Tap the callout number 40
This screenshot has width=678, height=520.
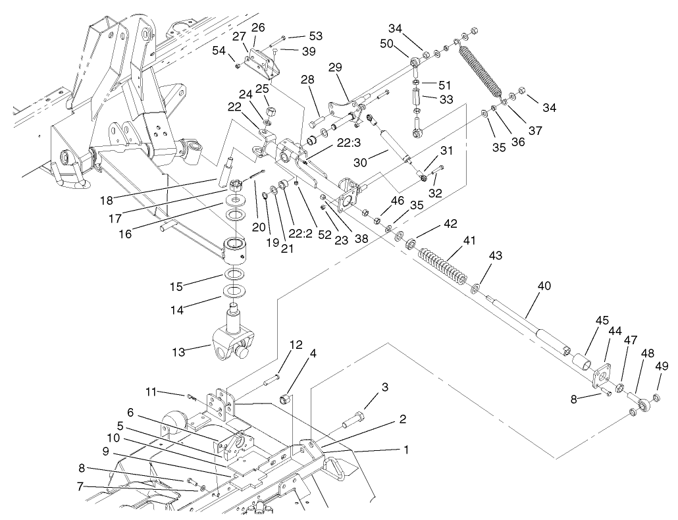tap(544, 286)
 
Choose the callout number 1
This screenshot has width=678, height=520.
tap(406, 450)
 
